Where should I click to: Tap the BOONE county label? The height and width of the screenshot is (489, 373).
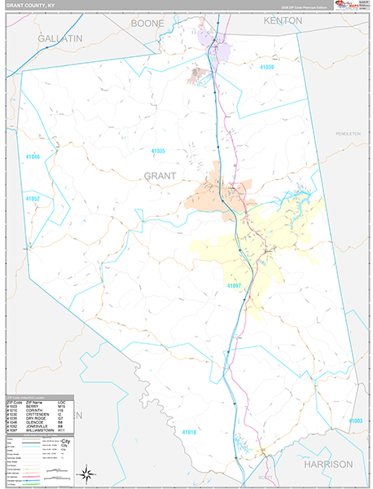click(147, 24)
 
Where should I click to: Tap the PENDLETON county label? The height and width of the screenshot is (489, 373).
click(348, 132)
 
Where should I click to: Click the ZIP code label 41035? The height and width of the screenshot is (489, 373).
click(158, 152)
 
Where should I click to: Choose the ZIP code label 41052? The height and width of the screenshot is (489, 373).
click(32, 198)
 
